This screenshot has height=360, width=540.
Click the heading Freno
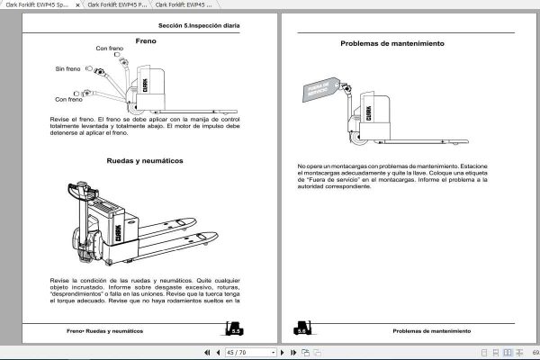(146, 41)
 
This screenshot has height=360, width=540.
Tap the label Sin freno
(67, 68)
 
